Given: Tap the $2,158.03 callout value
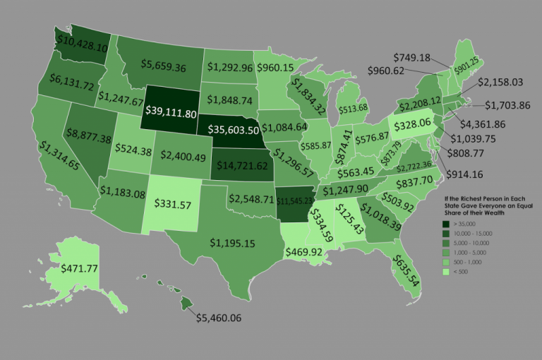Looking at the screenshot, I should tap(500, 83).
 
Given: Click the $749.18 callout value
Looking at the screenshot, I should tap(418, 56).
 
